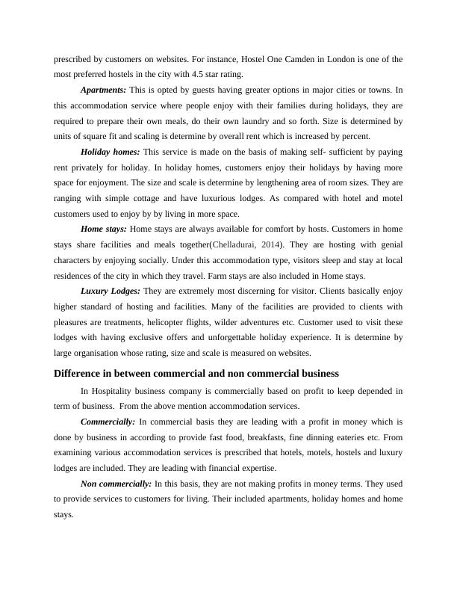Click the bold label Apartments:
click(x=103, y=90)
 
